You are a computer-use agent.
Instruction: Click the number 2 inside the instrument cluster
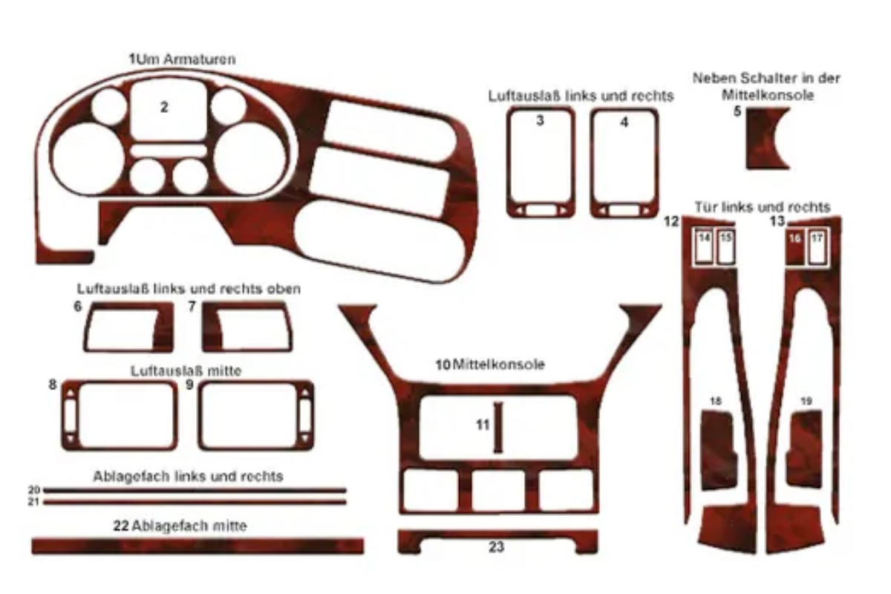164,107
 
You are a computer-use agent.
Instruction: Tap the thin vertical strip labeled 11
499,428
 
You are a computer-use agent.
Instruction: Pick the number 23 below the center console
497,548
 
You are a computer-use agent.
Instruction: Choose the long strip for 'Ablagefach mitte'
198,546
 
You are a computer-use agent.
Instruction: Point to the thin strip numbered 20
195,490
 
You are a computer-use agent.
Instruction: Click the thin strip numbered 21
195,502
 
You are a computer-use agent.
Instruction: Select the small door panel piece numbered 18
718,449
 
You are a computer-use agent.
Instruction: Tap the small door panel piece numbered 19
804,449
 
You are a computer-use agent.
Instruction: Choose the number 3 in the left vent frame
540,121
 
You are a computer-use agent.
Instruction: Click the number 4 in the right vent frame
624,123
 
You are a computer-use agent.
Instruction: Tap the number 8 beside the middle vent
52,385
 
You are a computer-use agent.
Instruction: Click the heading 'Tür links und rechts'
763,207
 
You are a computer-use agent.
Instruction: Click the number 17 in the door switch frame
817,238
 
